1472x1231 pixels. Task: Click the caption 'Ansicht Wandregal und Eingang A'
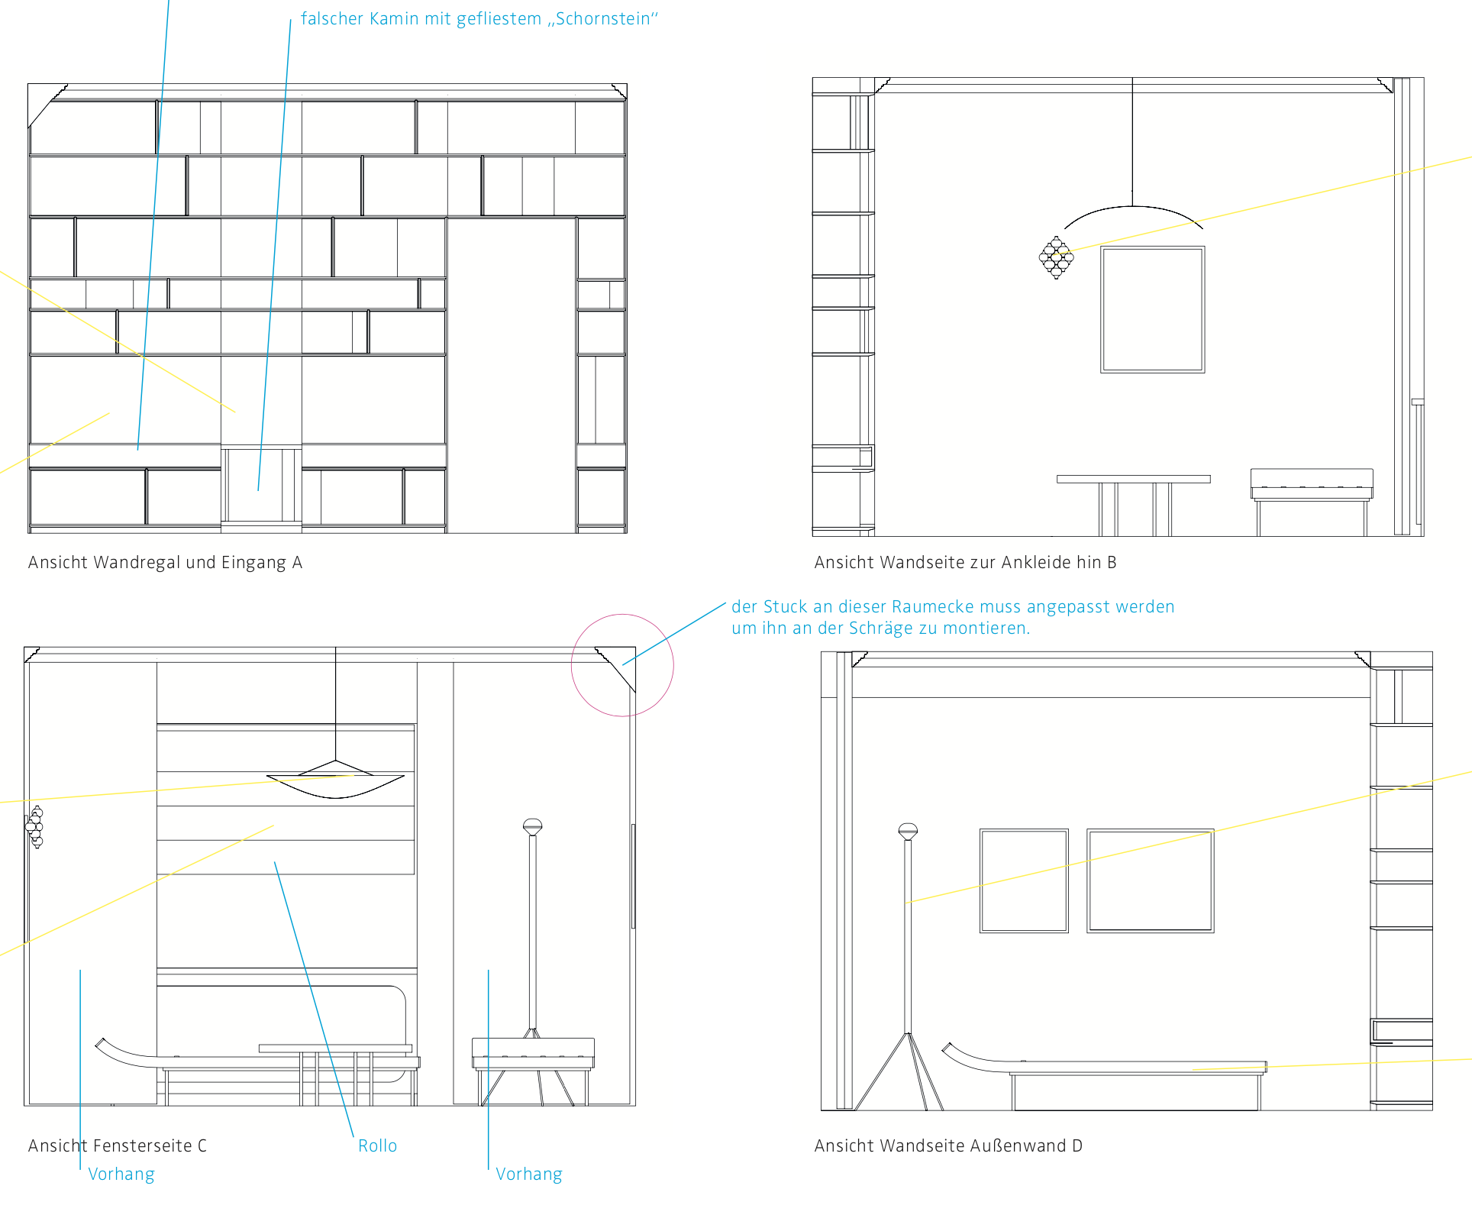[x=165, y=563]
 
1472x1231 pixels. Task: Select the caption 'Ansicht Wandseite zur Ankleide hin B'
[x=965, y=563]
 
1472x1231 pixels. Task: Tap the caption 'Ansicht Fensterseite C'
[x=118, y=1145]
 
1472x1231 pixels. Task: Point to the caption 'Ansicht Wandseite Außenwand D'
[x=948, y=1145]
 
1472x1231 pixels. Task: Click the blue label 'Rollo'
[x=378, y=1145]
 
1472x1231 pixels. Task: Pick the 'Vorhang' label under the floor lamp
[x=529, y=1174]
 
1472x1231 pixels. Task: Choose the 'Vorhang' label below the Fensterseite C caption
[x=121, y=1174]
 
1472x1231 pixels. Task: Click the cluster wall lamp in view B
[x=1056, y=258]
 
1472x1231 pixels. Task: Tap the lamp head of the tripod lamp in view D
[x=908, y=832]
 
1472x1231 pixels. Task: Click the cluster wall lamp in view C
[x=35, y=827]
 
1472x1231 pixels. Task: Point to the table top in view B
[x=1134, y=479]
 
